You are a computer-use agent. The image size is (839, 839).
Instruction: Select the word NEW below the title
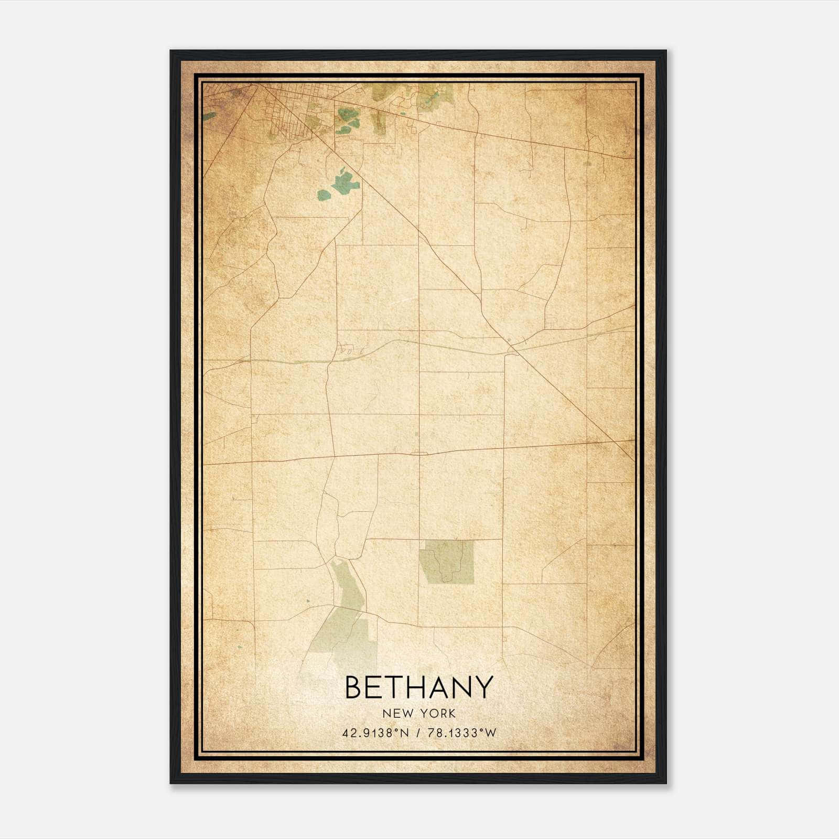click(395, 714)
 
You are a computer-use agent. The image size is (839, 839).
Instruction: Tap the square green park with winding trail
click(446, 563)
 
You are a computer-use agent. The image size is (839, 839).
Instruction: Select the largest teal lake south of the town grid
click(346, 181)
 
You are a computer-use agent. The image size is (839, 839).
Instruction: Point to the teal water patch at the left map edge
click(209, 116)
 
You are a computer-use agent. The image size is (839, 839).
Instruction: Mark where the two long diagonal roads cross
click(512, 346)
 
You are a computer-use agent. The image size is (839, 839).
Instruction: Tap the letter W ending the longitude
click(490, 733)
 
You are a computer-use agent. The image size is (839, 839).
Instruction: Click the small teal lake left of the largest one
click(324, 195)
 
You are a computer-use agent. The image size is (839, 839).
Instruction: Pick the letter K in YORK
click(451, 714)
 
